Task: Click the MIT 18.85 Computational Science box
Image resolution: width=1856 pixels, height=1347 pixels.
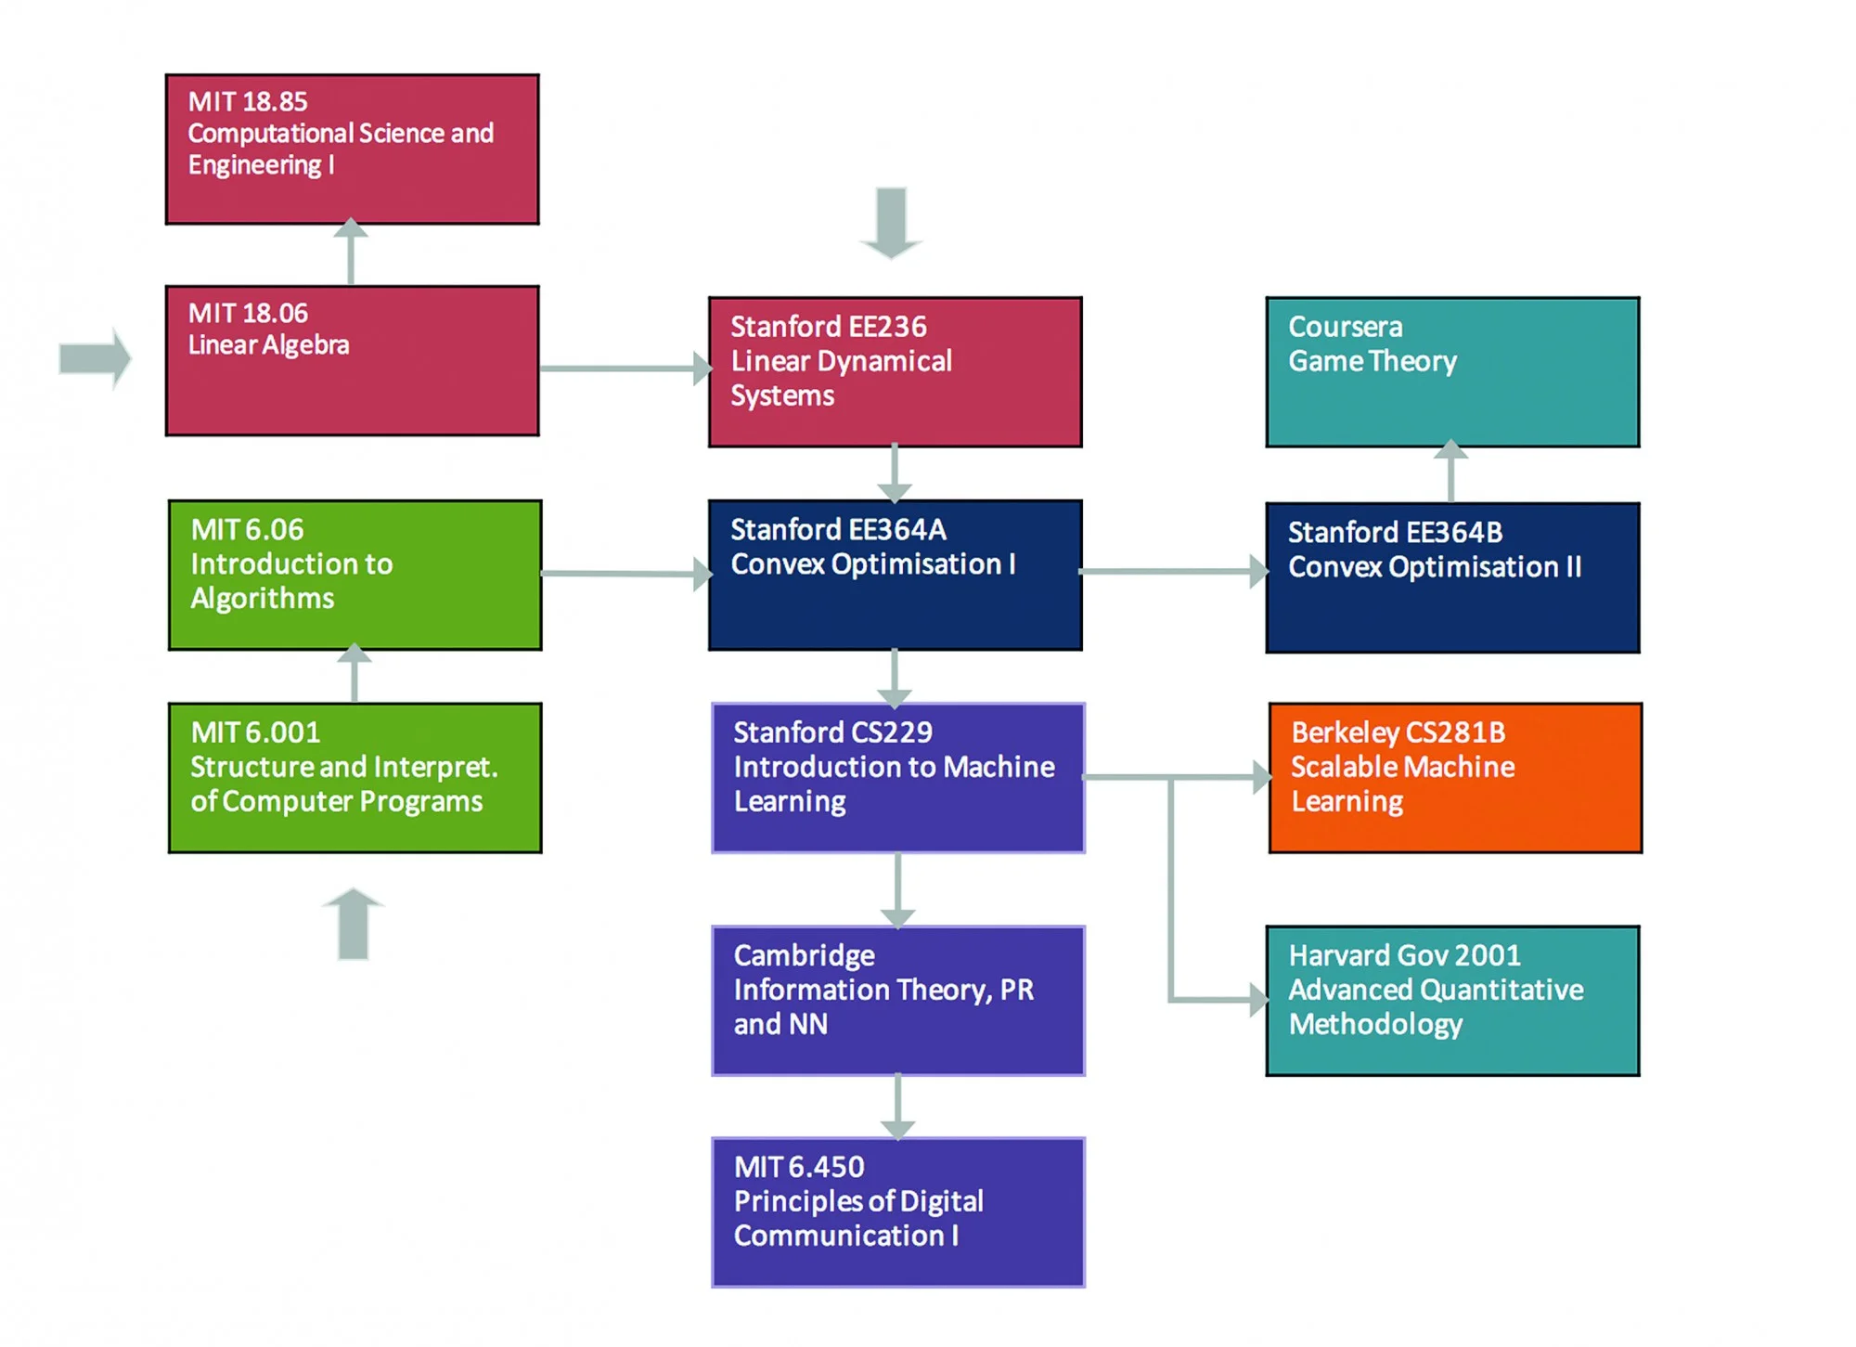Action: point(352,149)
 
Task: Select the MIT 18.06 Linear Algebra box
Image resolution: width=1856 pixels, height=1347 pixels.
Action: point(352,360)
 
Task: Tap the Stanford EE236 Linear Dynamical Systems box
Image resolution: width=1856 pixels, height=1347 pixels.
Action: point(895,371)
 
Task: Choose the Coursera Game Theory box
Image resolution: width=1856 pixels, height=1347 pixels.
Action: point(1452,371)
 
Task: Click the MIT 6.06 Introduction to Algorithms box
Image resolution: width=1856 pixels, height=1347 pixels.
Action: point(354,575)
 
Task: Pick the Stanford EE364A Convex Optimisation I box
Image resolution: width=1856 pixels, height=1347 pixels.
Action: point(895,575)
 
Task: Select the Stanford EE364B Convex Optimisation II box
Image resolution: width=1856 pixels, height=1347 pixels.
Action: point(1452,577)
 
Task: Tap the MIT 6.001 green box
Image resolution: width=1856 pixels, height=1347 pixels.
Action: point(354,777)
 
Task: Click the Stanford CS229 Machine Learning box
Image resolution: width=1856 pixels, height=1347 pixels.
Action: point(897,777)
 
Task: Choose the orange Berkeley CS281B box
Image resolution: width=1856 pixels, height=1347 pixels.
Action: point(1454,777)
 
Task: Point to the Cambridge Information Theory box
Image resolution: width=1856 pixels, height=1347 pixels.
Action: point(897,1000)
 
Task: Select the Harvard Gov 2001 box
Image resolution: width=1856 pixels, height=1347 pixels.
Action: point(1452,1000)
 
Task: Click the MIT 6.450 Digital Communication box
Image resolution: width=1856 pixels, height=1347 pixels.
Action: point(897,1211)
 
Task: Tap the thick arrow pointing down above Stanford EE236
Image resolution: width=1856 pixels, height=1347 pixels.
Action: point(891,223)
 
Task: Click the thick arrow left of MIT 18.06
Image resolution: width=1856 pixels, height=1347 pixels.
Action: point(95,358)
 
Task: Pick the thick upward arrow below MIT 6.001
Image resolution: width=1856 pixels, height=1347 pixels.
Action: point(354,923)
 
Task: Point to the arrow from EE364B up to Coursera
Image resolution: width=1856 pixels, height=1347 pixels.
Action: point(1450,472)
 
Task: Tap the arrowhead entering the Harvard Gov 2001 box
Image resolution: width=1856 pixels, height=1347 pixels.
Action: point(1257,1000)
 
